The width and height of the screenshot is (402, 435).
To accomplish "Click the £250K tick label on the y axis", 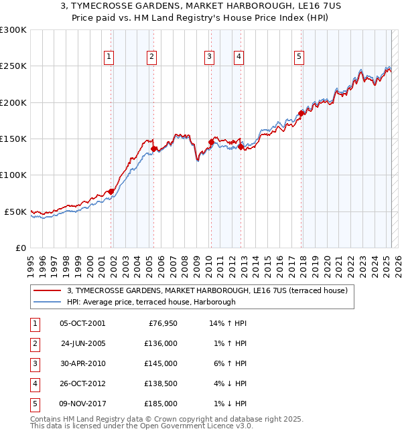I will [x=13, y=66].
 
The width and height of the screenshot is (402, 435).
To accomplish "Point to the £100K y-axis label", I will [x=13, y=175].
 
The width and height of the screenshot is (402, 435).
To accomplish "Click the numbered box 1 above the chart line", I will [x=109, y=58].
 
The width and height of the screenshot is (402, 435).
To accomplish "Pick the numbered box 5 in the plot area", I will [x=298, y=58].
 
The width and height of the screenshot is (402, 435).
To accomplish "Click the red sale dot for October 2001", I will [x=111, y=191].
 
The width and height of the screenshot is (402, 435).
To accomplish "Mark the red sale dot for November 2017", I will [x=301, y=113].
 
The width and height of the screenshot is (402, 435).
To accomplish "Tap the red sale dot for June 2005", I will [x=154, y=149].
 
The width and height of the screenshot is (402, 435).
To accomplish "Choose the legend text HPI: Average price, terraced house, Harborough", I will [x=151, y=302].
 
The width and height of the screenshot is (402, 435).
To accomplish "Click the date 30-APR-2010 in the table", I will [x=82, y=363].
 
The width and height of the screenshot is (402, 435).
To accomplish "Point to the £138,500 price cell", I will [x=161, y=383].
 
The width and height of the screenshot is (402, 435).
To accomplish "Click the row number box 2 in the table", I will [x=33, y=343].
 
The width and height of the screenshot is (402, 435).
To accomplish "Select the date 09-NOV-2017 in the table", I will [x=82, y=404].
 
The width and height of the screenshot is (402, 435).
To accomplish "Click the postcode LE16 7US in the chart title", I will [x=312, y=7].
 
